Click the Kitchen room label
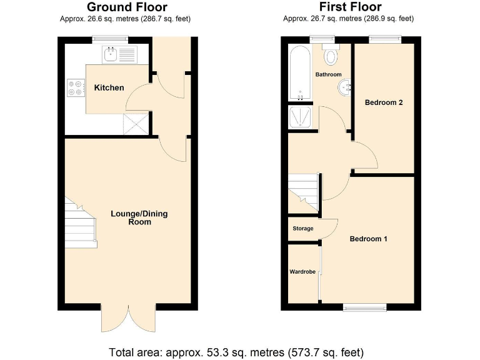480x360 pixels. click(109, 87)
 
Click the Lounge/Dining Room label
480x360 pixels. click(139, 217)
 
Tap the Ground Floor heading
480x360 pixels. click(127, 7)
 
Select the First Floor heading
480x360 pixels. click(350, 7)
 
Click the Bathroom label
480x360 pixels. click(328, 74)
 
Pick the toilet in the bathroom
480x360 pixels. click(331, 56)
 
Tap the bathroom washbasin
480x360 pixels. click(344, 87)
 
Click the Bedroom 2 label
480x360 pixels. click(384, 102)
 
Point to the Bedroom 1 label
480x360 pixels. click(368, 239)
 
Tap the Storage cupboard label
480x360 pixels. click(303, 229)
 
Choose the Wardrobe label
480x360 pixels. click(302, 272)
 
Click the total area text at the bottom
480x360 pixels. click(236, 351)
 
